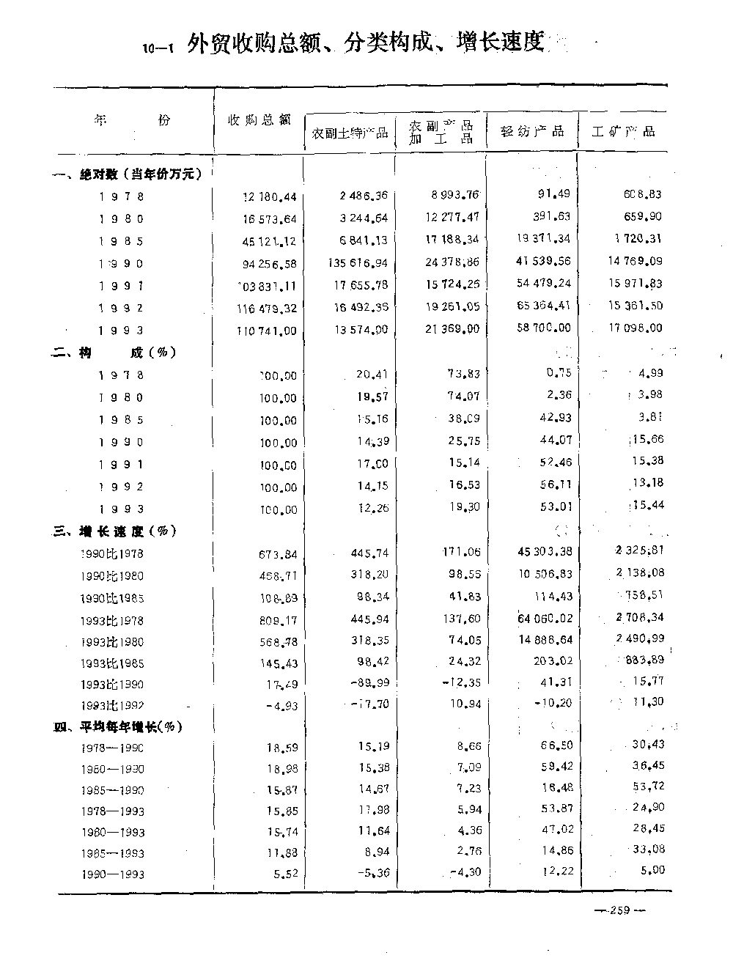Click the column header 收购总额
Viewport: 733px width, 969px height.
point(259,119)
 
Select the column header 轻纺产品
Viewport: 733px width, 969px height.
point(532,132)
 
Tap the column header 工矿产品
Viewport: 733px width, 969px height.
point(623,132)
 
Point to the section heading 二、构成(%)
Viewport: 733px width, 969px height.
point(114,353)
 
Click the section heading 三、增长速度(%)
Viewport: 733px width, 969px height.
point(115,531)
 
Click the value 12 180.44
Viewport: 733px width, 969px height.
point(270,196)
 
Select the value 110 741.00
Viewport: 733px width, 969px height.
point(266,331)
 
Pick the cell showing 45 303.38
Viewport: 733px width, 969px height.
point(544,551)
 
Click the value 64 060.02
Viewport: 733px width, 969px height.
point(544,619)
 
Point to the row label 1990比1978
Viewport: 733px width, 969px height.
point(111,553)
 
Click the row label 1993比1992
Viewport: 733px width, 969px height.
point(111,706)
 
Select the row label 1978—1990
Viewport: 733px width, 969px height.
point(112,748)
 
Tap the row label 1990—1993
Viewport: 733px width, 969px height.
point(112,874)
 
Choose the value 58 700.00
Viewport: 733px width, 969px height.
point(544,328)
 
